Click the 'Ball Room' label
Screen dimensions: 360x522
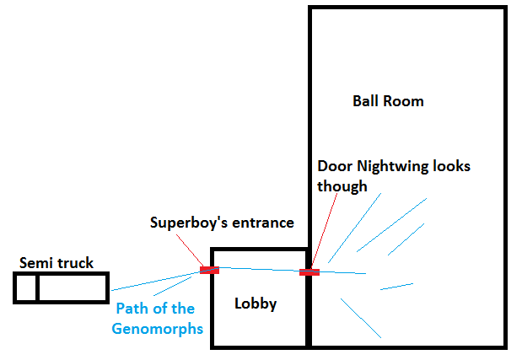pos(388,101)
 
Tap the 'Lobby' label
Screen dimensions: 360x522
pos(256,304)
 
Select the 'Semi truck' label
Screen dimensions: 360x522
pos(57,263)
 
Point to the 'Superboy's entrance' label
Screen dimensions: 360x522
pos(222,223)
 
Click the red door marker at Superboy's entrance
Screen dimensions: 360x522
pos(209,270)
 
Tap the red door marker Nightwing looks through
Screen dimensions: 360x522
pos(309,271)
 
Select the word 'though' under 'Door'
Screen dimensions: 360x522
pos(342,185)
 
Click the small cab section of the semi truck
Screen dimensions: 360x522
pos(26,287)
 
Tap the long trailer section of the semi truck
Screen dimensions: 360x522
pos(73,287)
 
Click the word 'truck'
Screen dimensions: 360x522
pos(75,263)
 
